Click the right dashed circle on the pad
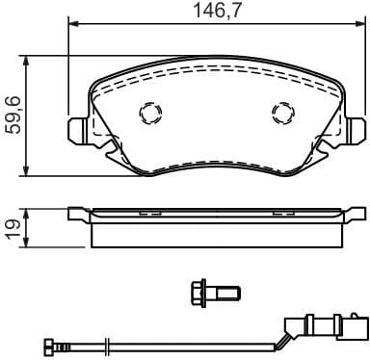[x=282, y=114]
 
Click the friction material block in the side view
[x=215, y=233]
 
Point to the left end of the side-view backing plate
[x=73, y=214]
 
